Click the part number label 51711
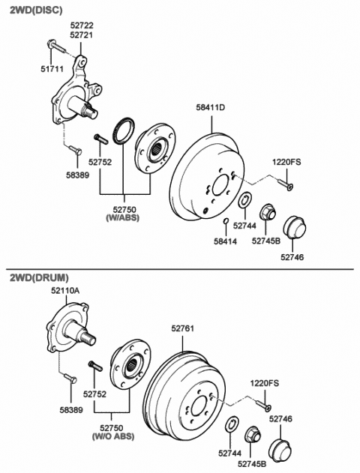point(52,69)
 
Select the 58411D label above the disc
point(211,107)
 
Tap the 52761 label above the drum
point(183,328)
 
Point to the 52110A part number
point(65,291)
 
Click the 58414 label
point(226,241)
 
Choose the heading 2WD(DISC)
point(36,10)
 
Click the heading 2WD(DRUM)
point(39,277)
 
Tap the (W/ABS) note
point(123,217)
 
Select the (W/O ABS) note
point(112,436)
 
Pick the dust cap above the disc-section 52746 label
point(295,227)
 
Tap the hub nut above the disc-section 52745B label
point(267,212)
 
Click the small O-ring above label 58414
point(226,221)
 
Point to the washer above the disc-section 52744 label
point(244,199)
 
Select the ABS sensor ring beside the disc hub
point(124,130)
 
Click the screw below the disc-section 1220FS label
point(285,184)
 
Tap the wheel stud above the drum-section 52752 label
point(95,366)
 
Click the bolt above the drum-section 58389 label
point(70,378)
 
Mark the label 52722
point(82,25)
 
